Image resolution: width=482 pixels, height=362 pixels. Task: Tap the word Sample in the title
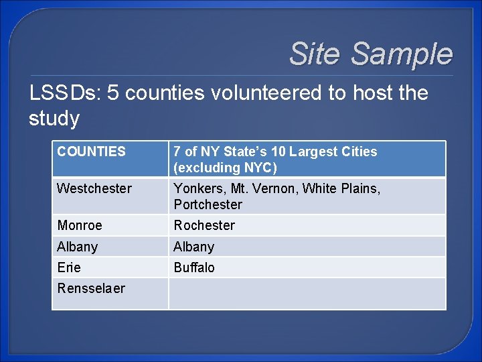coord(402,54)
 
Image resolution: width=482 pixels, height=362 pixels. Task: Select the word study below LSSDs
coord(54,118)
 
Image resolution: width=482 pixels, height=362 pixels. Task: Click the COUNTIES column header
coord(91,152)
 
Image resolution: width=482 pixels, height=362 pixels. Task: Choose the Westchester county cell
coord(94,188)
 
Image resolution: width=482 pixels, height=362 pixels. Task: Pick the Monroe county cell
coord(80,225)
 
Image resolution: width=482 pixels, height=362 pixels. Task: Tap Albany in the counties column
coord(78,247)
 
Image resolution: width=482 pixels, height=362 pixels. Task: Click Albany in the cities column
coord(194,247)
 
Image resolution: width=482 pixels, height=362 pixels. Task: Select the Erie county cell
coord(69,267)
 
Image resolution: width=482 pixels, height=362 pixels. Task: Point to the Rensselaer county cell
coord(91,288)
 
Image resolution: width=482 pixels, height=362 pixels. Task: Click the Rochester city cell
coord(204,225)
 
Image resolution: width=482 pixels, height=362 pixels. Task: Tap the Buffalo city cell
coord(194,267)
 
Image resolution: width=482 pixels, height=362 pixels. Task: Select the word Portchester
coord(208,204)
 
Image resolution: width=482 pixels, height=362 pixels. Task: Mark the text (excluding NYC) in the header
coord(225,168)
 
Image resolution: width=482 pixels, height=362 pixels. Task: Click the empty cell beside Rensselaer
coord(307,294)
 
